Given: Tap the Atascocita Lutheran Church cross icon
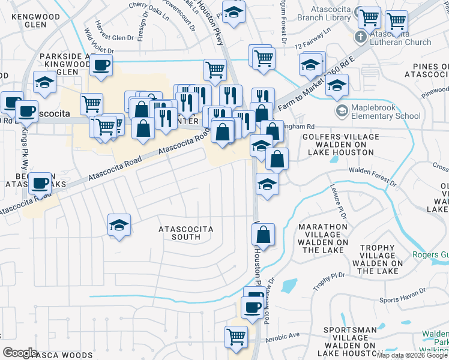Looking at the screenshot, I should (x=360, y=37).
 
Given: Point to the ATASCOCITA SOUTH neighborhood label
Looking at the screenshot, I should (x=179, y=233).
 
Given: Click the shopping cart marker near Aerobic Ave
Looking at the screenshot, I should (x=236, y=337).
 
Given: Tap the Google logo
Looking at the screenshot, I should (x=19, y=353).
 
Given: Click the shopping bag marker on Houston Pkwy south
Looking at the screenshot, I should (x=264, y=235).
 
